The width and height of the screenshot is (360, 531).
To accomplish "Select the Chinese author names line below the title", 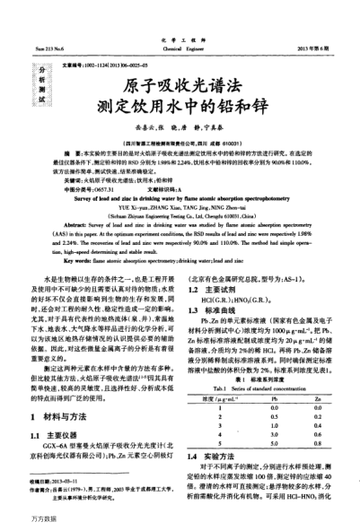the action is [x=180, y=128].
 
